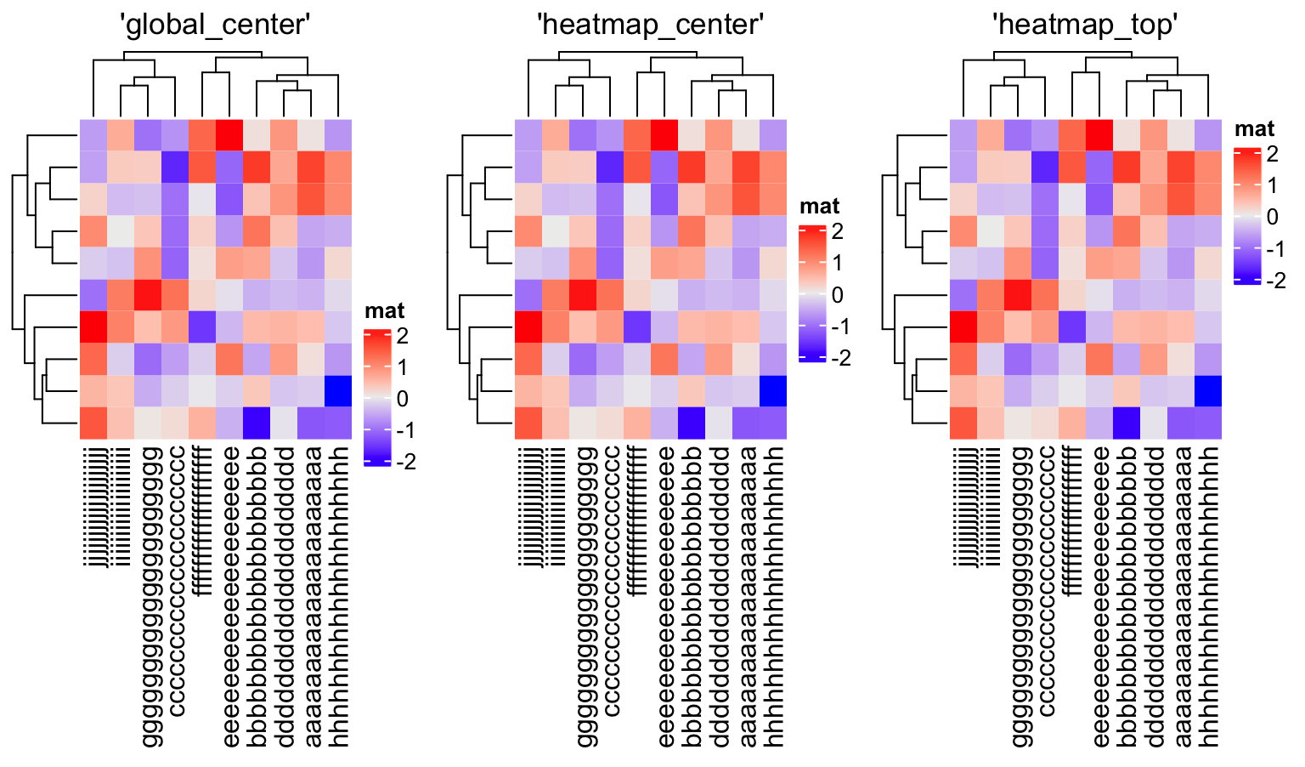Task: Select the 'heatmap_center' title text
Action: pyautogui.click(x=651, y=25)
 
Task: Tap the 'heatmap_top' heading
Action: pyautogui.click(x=1085, y=25)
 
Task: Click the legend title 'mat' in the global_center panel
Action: pyautogui.click(x=384, y=311)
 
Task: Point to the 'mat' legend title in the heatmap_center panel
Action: pyautogui.click(x=819, y=207)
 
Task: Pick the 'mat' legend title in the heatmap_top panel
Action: pyautogui.click(x=1254, y=129)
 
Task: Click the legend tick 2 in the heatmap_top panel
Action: pyautogui.click(x=1272, y=154)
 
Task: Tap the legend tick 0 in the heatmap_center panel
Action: pyautogui.click(x=837, y=295)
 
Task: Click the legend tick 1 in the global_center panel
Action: pyautogui.click(x=402, y=367)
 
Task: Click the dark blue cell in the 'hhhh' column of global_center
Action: pyautogui.click(x=338, y=391)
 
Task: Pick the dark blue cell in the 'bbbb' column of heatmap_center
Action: pyautogui.click(x=692, y=423)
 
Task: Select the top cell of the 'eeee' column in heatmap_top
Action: pyautogui.click(x=1099, y=135)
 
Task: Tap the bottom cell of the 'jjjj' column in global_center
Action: pyautogui.click(x=93, y=423)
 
